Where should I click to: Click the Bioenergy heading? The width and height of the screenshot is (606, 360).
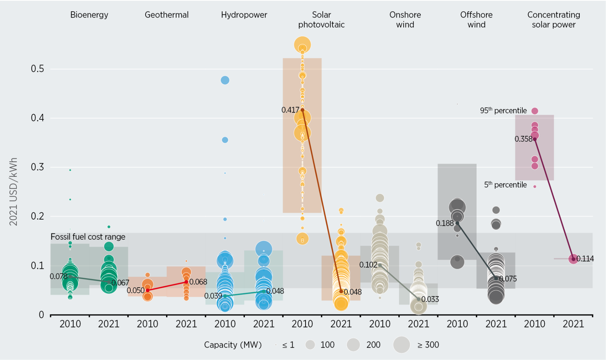pyautogui.click(x=89, y=15)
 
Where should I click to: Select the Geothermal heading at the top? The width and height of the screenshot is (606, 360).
pyautogui.click(x=166, y=15)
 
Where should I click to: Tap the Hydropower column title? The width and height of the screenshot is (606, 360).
pyautogui.click(x=244, y=15)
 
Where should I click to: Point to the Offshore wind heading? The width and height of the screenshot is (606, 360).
pyautogui.click(x=476, y=19)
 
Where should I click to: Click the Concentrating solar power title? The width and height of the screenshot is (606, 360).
pyautogui.click(x=553, y=19)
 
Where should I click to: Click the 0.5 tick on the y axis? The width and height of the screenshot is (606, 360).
pyautogui.click(x=37, y=69)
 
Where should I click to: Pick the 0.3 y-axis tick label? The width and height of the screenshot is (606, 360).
pyautogui.click(x=37, y=167)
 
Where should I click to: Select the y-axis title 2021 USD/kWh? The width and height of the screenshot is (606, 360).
pyautogui.click(x=13, y=192)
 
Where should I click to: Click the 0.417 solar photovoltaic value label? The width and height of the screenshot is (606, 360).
pyautogui.click(x=290, y=110)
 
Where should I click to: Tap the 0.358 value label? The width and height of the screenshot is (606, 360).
pyautogui.click(x=523, y=139)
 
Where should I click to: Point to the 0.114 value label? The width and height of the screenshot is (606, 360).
pyautogui.click(x=585, y=259)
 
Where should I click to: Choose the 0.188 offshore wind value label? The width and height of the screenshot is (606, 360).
pyautogui.click(x=444, y=223)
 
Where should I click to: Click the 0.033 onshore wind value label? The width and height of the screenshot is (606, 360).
pyautogui.click(x=430, y=299)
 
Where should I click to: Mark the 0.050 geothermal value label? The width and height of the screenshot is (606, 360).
pyautogui.click(x=136, y=291)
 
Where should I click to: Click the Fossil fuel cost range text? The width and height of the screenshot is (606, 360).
pyautogui.click(x=88, y=237)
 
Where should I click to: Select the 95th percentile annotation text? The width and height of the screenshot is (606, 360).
pyautogui.click(x=503, y=111)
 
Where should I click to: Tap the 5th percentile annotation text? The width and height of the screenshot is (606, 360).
pyautogui.click(x=505, y=185)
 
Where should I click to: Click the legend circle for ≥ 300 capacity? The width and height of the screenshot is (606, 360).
pyautogui.click(x=402, y=344)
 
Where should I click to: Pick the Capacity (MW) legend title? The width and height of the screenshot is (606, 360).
pyautogui.click(x=233, y=345)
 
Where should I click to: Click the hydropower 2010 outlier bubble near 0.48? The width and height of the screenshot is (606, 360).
pyautogui.click(x=225, y=80)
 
